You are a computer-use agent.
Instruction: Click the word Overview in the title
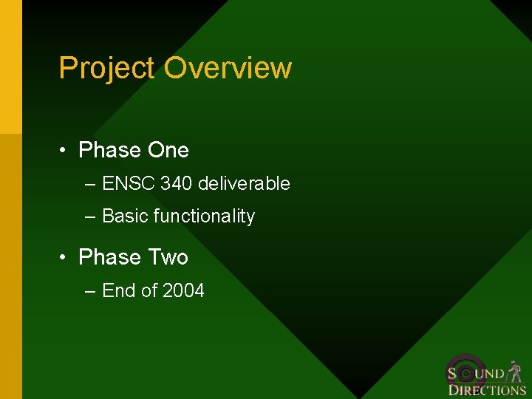point(228,68)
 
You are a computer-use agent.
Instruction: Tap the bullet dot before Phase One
point(65,151)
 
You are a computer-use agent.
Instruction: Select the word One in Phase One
point(168,150)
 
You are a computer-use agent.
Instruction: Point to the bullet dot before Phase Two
point(65,258)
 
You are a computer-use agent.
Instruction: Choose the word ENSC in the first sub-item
point(129,183)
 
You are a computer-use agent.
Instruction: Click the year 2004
point(183,291)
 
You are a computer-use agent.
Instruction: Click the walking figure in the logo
point(515,372)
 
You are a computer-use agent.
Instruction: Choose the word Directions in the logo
point(487,389)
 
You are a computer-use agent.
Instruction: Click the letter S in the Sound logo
point(452,373)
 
